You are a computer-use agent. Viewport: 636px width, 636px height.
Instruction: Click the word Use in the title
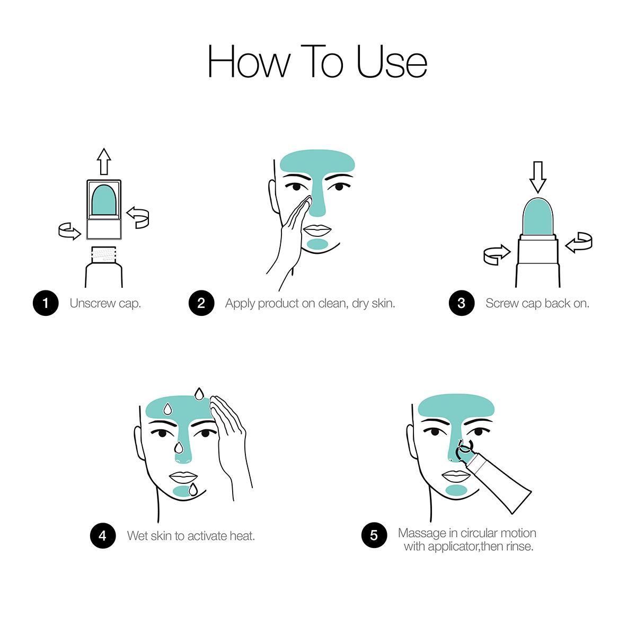(392, 61)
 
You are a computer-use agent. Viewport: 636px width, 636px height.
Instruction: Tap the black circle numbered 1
(46, 303)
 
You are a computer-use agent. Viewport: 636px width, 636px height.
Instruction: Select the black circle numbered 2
(201, 303)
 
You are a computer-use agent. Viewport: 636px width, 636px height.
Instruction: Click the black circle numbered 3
(462, 303)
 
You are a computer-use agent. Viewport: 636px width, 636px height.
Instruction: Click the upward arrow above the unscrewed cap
(104, 162)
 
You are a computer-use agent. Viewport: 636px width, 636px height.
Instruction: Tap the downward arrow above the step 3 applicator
(537, 177)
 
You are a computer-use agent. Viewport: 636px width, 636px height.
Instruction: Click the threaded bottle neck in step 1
(104, 254)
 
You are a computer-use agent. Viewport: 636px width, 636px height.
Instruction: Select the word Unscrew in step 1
(93, 303)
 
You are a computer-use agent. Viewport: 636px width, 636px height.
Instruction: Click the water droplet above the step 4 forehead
(199, 394)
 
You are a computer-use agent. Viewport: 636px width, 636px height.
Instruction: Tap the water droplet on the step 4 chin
(193, 490)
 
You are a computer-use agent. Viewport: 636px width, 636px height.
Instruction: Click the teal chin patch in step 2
(317, 244)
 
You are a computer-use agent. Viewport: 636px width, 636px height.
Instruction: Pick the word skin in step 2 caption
(383, 303)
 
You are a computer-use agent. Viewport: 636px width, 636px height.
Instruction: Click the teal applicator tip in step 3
(537, 217)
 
